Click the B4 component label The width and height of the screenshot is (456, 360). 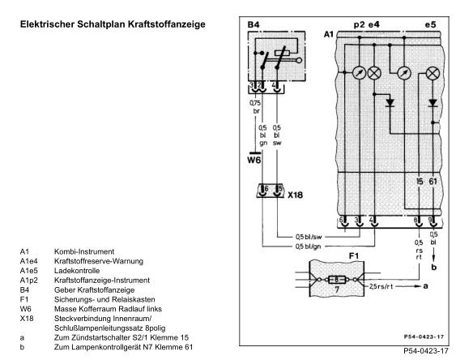[x=254, y=25]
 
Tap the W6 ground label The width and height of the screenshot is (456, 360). [x=254, y=160]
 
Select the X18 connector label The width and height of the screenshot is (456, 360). [x=295, y=195]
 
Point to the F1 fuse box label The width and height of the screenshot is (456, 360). [x=354, y=256]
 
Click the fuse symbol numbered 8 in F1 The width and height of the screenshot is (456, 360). [x=336, y=280]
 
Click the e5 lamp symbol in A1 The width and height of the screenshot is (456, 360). [x=433, y=73]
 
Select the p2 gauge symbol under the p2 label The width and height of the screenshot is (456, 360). [x=359, y=73]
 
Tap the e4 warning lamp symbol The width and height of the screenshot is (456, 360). [x=374, y=73]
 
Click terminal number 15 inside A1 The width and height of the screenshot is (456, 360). [x=420, y=182]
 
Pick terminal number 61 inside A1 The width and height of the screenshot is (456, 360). [x=433, y=182]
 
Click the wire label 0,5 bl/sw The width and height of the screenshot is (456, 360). [x=309, y=237]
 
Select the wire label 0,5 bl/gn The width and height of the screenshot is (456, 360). [x=309, y=246]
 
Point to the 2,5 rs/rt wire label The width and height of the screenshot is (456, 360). [x=381, y=286]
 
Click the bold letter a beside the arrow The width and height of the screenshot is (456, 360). [x=425, y=286]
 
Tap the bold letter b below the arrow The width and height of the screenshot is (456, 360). [x=434, y=267]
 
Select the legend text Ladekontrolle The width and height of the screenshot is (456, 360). [x=77, y=271]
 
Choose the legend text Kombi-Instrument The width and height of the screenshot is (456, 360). [x=84, y=251]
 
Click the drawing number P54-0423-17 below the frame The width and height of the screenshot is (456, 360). [x=426, y=351]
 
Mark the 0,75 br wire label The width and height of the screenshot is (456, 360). [x=255, y=107]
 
